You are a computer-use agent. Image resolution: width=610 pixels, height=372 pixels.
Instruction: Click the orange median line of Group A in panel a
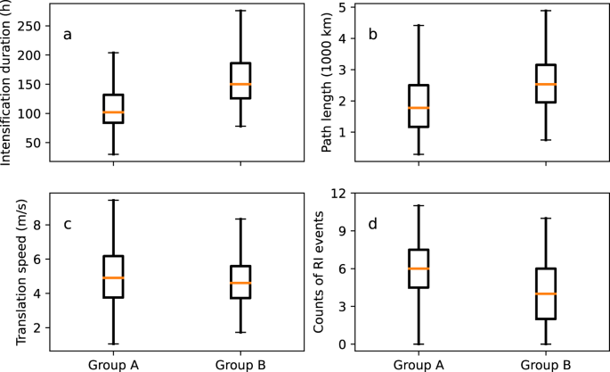(113, 112)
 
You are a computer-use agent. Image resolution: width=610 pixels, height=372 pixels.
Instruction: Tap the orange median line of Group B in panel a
(240, 84)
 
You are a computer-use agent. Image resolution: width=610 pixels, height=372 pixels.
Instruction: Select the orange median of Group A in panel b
(419, 108)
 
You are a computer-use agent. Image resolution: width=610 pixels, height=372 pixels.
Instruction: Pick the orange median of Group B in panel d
(545, 293)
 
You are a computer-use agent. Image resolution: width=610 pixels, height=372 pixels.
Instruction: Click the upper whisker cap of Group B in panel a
(240, 11)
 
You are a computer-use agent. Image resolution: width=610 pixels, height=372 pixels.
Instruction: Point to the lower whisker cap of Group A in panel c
(113, 343)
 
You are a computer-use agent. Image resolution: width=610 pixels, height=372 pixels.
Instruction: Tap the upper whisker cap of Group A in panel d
(419, 205)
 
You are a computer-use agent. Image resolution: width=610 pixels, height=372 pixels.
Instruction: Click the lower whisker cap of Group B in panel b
(545, 140)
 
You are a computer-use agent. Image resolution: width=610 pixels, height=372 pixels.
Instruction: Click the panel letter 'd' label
(372, 222)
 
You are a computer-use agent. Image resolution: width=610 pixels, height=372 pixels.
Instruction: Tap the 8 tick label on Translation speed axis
(40, 225)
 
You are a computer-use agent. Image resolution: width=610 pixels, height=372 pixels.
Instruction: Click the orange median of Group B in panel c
(240, 283)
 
